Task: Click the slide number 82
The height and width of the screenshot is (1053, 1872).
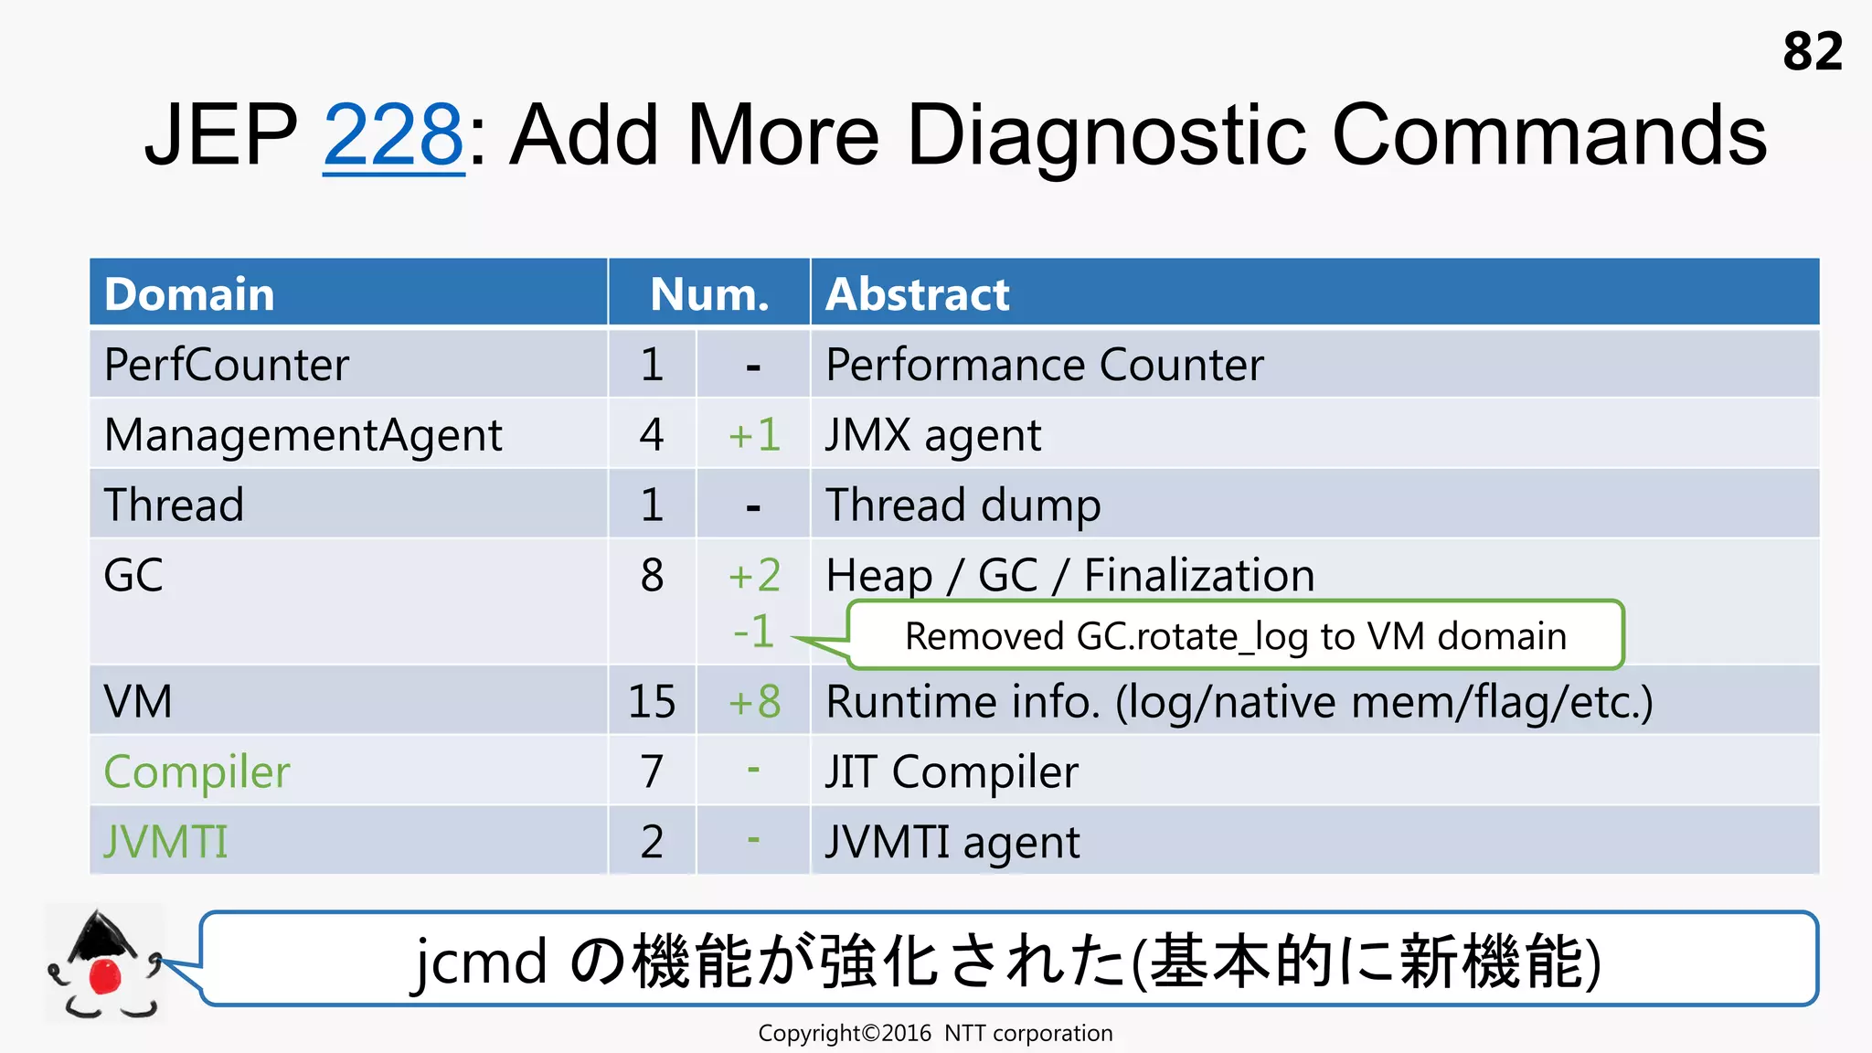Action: [x=1812, y=51]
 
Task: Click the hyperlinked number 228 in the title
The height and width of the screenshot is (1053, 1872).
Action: [x=393, y=135]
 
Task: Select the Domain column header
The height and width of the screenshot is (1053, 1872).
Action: [x=189, y=294]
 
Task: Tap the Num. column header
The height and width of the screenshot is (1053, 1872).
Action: [x=709, y=294]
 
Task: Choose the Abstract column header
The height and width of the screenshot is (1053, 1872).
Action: [x=917, y=294]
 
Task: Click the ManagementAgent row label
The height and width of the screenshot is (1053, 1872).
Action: [x=303, y=435]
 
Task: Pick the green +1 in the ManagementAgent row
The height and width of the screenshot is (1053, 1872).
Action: [x=754, y=435]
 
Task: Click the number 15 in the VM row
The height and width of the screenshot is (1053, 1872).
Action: [x=652, y=702]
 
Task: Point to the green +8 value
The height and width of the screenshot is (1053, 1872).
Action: [x=754, y=702]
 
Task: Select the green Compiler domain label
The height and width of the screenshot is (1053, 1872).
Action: [x=197, y=772]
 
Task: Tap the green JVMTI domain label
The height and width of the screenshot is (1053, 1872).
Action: [x=165, y=842]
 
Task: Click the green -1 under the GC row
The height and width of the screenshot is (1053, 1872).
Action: [x=753, y=632]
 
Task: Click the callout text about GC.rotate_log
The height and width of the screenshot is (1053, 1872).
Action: [x=1235, y=636]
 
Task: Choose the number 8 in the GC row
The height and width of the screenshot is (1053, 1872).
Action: [x=652, y=576]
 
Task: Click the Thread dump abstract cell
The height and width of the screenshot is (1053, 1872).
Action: [x=963, y=505]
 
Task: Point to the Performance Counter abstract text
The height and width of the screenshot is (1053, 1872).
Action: [x=1044, y=365]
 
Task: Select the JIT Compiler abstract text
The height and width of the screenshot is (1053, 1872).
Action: [x=951, y=772]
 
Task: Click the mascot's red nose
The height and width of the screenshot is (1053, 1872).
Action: [x=104, y=975]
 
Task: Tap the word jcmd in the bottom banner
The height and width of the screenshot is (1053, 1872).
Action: [x=480, y=963]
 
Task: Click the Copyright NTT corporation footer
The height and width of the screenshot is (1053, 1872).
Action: [x=935, y=1034]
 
